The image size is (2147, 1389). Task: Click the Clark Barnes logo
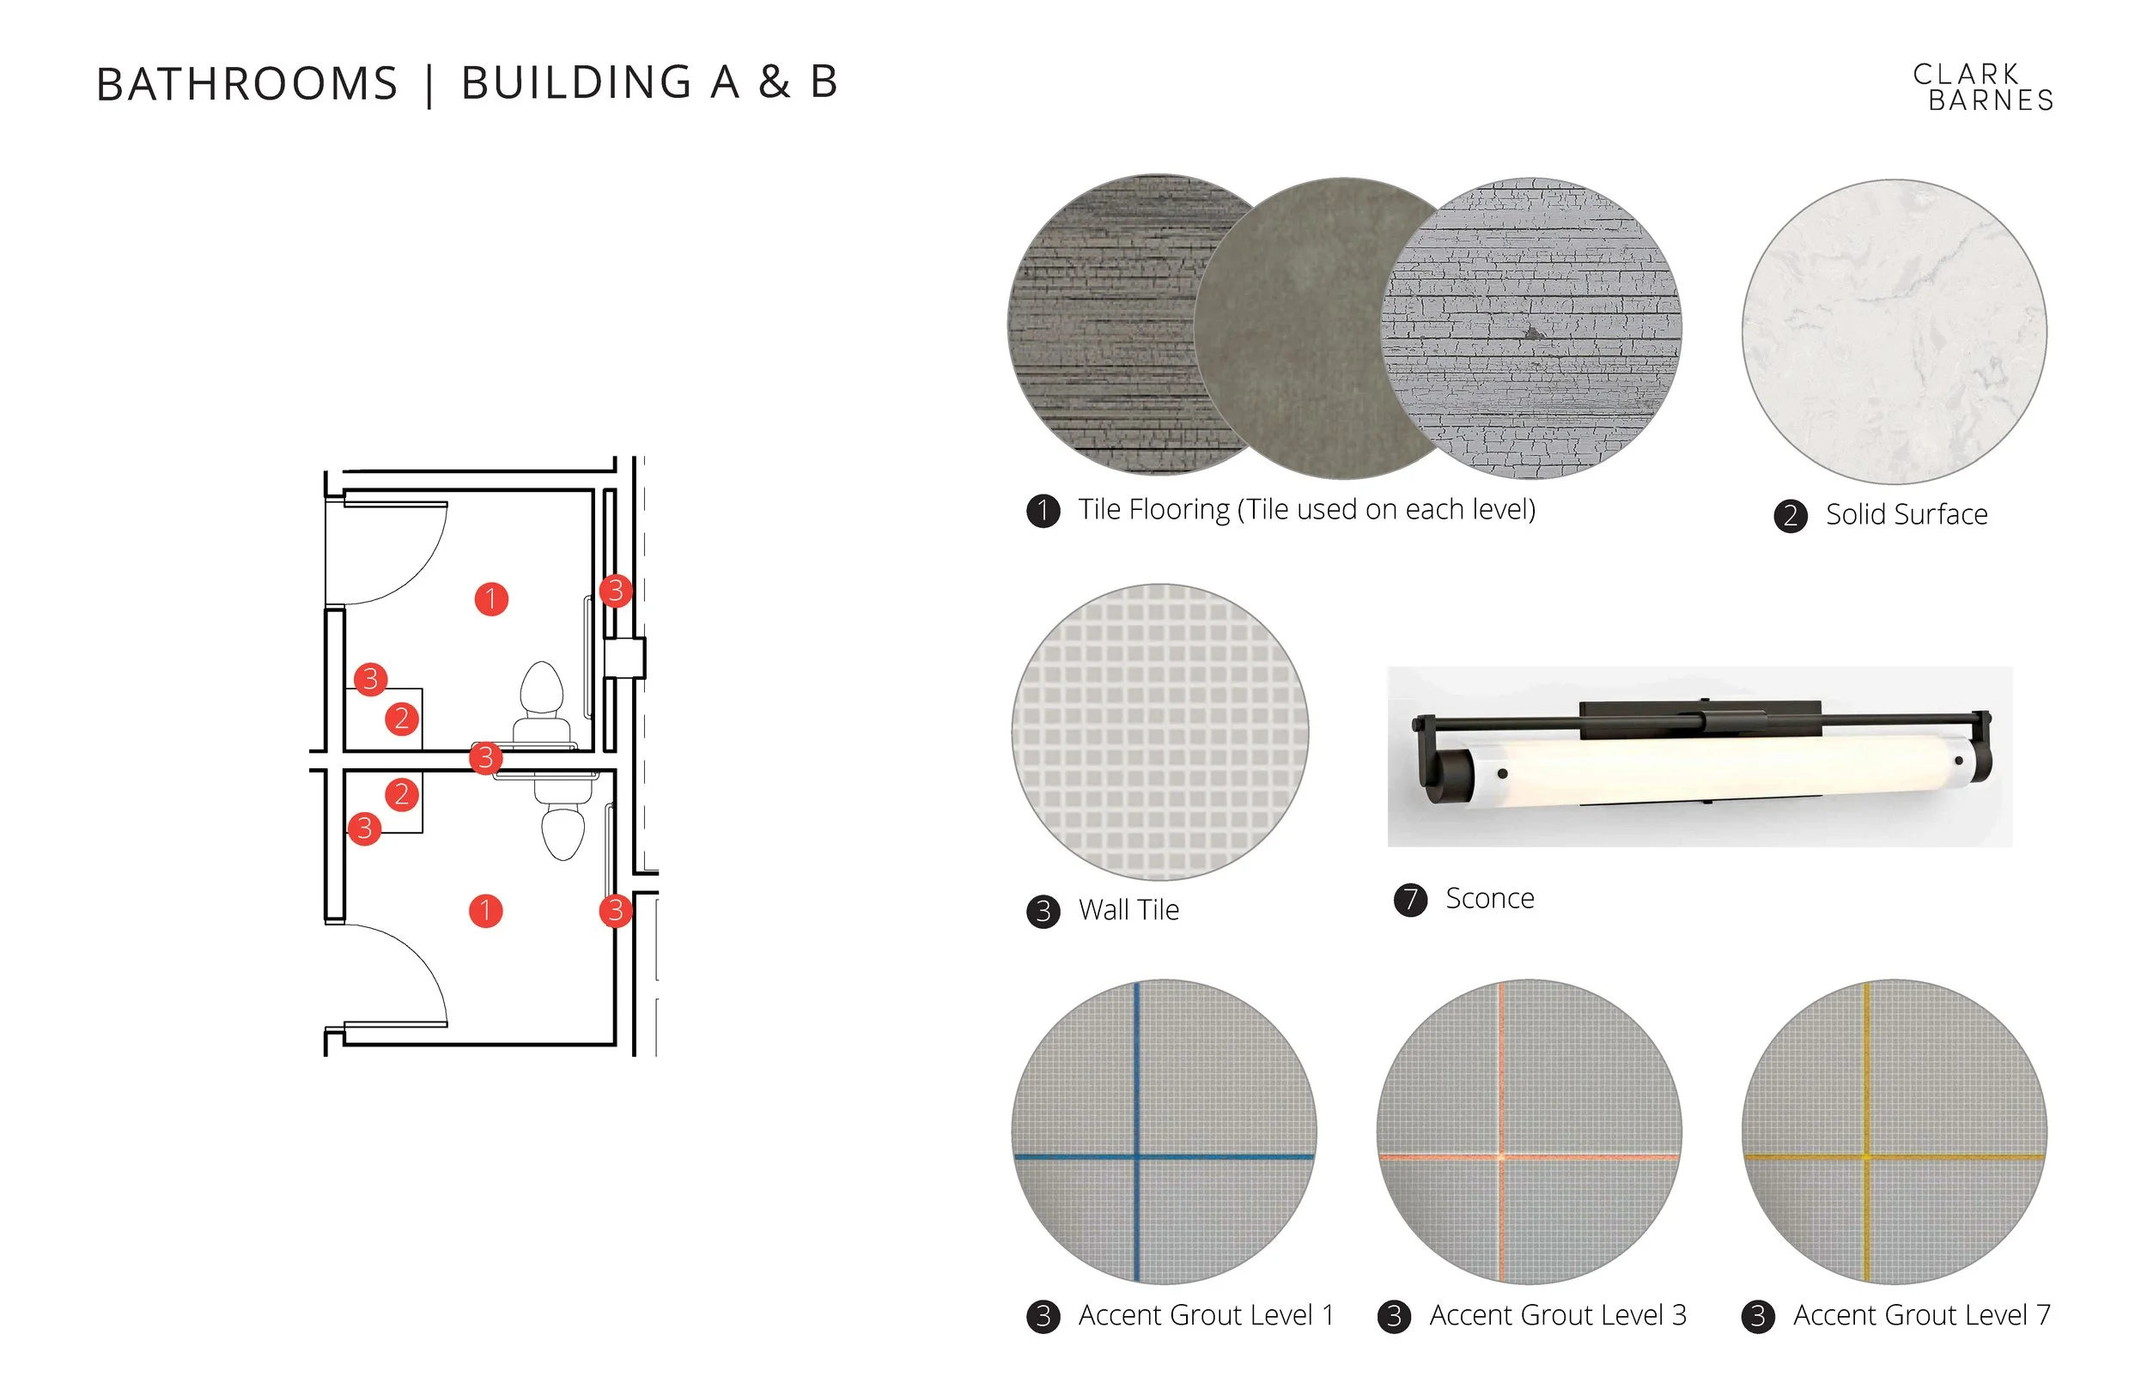click(x=1983, y=88)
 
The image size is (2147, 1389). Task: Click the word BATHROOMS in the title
click(x=247, y=84)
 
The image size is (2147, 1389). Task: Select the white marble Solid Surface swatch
click(x=1894, y=331)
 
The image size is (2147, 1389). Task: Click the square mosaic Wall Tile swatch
click(x=1160, y=731)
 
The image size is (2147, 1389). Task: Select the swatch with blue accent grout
click(x=1164, y=1131)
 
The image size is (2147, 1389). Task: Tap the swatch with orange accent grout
click(x=1529, y=1131)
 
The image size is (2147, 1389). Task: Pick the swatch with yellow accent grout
click(x=1895, y=1131)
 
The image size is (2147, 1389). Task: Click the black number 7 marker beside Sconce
click(x=1411, y=899)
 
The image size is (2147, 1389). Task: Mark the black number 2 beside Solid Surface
click(x=1791, y=516)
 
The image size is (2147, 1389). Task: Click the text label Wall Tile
click(x=1128, y=909)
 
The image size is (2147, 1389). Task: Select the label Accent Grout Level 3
click(x=1558, y=1315)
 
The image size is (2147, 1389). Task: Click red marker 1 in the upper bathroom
click(x=490, y=598)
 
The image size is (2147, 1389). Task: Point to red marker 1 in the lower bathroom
click(x=485, y=911)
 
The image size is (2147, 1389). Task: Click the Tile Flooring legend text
click(x=1307, y=510)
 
